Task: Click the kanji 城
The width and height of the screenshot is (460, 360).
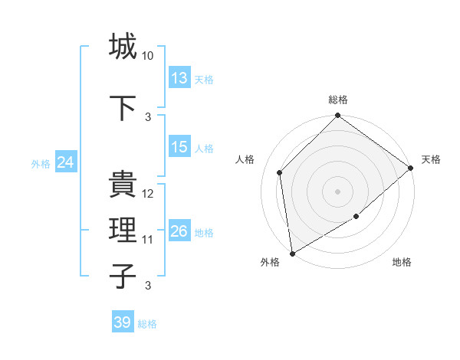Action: tap(123, 47)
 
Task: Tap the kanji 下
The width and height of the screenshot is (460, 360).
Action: tap(123, 107)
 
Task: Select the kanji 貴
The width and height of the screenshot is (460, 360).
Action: tap(123, 185)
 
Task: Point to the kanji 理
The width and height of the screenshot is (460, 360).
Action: tap(123, 229)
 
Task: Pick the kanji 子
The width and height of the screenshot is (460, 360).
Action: tap(123, 275)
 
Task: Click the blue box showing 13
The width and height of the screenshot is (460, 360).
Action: tap(179, 79)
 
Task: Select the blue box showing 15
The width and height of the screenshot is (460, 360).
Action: tap(179, 148)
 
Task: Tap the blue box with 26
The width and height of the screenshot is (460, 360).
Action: tap(179, 231)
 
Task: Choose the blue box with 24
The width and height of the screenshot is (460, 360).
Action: tap(66, 162)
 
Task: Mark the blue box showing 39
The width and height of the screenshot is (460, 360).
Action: tap(123, 322)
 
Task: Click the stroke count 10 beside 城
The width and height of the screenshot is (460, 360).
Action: tap(148, 57)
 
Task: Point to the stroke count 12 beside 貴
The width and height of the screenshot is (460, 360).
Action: tap(148, 195)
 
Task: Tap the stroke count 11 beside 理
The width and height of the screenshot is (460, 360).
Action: tap(148, 240)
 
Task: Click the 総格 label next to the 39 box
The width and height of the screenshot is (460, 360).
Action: tap(147, 324)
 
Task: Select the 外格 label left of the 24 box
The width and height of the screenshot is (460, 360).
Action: tap(41, 164)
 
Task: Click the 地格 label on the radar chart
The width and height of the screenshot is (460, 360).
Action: tap(402, 262)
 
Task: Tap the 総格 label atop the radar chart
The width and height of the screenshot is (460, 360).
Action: tap(338, 100)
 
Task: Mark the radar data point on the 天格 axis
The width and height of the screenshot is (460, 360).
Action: tap(411, 169)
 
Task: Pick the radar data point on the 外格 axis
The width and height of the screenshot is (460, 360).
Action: tap(292, 253)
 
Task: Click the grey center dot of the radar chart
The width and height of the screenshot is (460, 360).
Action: tap(338, 191)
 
